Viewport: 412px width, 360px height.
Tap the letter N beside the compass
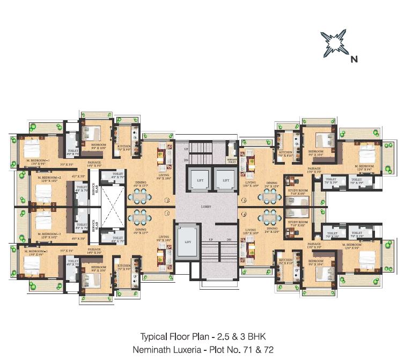(x=354, y=60)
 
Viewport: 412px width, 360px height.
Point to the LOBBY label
(x=207, y=206)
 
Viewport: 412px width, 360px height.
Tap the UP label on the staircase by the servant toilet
(x=186, y=149)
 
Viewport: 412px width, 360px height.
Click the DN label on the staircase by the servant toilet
(x=186, y=160)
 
